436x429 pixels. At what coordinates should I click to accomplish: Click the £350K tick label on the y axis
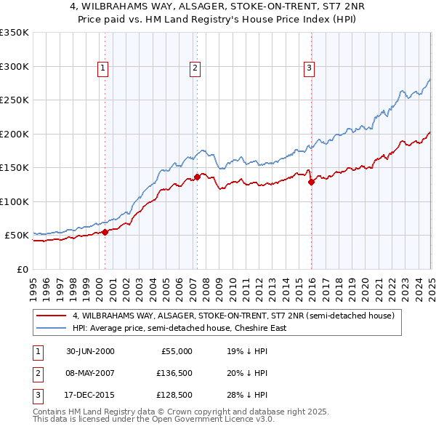pos(14,33)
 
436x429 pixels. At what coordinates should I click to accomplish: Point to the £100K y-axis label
pos(14,201)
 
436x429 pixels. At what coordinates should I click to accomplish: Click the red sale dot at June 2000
pos(105,232)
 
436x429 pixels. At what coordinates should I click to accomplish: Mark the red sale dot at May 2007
pos(197,177)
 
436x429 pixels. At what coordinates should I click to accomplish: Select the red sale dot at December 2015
pos(311,183)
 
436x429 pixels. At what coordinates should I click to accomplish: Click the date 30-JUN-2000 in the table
pos(90,350)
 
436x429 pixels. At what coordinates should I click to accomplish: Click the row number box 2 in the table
pos(36,373)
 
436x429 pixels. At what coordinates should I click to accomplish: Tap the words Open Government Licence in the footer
pos(203,420)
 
